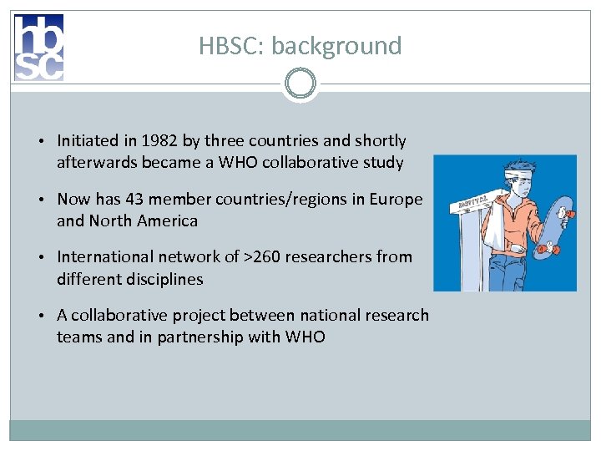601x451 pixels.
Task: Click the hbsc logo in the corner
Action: pos(38,48)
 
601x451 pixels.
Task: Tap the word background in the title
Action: pos(336,46)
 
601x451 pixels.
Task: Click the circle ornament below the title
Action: pos(300,84)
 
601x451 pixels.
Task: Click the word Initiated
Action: pos(86,140)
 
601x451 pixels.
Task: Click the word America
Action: pos(167,220)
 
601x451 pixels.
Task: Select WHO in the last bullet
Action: pos(305,337)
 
